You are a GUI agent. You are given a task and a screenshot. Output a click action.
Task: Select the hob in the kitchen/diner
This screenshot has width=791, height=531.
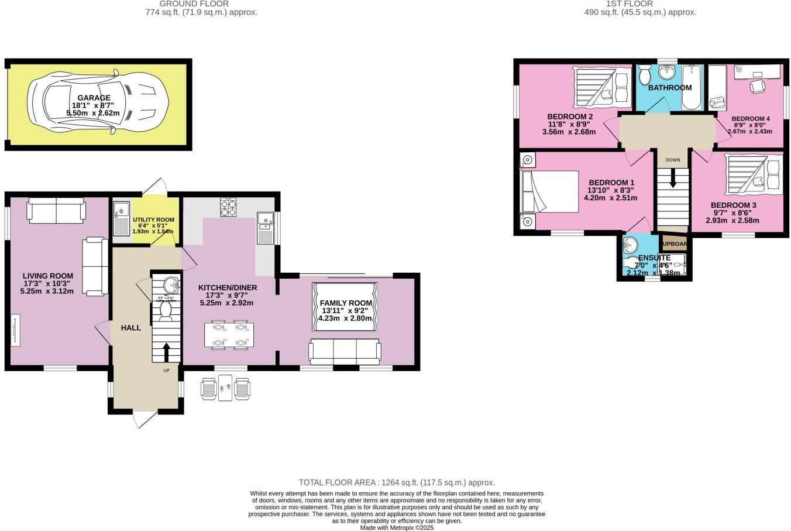point(228,207)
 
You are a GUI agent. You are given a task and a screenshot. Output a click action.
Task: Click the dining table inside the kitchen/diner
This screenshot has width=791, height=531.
point(228,335)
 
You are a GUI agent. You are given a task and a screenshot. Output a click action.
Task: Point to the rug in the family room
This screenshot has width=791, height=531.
point(346,306)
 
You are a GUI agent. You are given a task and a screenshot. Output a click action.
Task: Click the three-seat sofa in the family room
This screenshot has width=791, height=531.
point(345,351)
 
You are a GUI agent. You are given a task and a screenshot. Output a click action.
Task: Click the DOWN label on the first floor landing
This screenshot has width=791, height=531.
point(673,160)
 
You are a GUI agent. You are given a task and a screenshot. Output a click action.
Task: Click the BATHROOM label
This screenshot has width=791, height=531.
point(669,88)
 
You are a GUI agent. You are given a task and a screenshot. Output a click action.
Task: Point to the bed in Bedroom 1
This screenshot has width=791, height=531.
point(549,191)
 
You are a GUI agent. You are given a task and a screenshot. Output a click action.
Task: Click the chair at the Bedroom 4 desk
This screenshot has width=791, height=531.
point(758,86)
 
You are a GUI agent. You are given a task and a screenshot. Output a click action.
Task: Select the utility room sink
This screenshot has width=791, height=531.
point(122,218)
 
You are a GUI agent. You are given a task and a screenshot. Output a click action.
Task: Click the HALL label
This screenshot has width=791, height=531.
point(131,328)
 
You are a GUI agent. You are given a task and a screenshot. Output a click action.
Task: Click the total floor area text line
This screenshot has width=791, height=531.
point(397,482)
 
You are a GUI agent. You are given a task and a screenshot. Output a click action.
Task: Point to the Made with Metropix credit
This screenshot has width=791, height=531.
point(397,527)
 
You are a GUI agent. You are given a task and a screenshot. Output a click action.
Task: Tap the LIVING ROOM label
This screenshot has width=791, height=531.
point(48,276)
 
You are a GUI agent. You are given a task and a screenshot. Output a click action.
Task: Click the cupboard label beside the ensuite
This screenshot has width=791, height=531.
point(675,244)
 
